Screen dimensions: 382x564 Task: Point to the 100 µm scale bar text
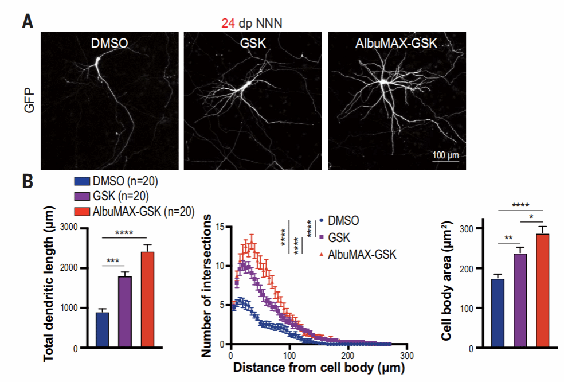[445, 155]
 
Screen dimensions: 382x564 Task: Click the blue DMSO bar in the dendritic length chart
[102, 330]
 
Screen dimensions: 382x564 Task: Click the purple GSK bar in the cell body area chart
[520, 301]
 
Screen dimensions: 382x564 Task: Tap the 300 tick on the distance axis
[407, 355]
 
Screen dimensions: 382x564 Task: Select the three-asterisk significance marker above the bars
[113, 262]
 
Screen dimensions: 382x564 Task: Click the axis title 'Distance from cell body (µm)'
[319, 368]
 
